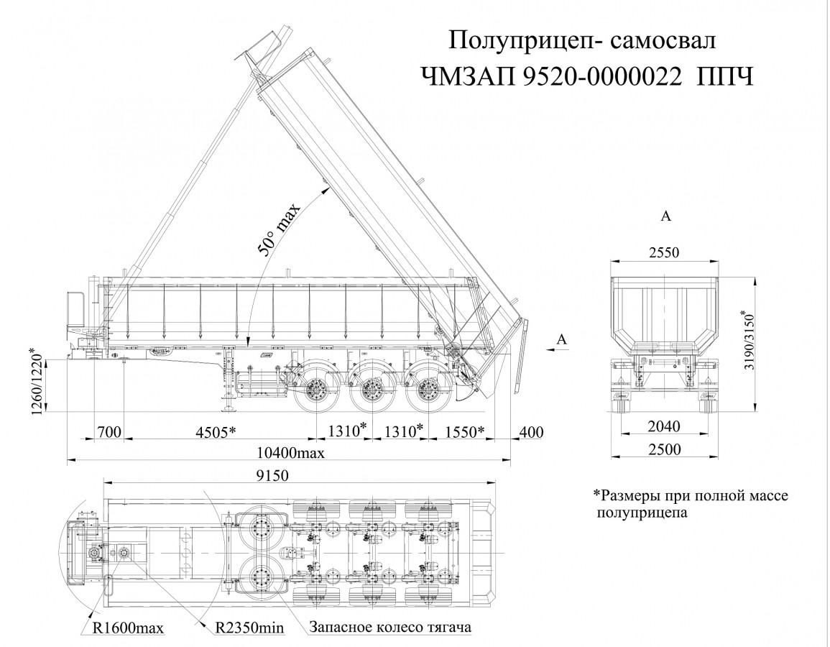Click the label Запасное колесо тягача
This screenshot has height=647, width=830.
[x=390, y=627]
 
